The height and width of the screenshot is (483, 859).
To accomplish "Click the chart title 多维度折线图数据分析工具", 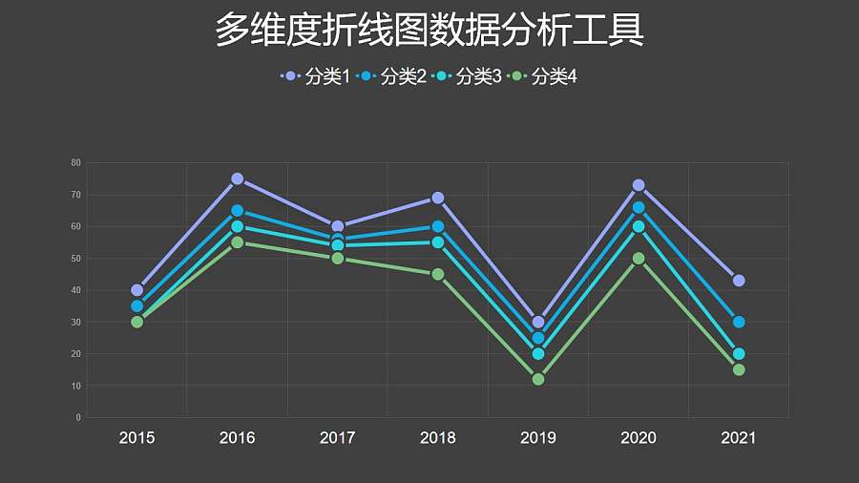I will [x=429, y=31].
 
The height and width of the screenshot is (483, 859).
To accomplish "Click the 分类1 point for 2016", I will [x=237, y=178].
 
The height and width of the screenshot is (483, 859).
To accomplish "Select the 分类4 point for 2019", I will [x=538, y=379].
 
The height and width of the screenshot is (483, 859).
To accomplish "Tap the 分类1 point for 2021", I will [x=739, y=281].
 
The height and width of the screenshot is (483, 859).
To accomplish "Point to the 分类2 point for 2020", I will [x=639, y=207].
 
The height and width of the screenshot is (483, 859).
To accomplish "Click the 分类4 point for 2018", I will [x=438, y=274].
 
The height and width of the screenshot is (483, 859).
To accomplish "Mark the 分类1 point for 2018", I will [x=438, y=198].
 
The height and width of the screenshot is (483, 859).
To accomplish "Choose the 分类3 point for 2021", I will [x=739, y=354].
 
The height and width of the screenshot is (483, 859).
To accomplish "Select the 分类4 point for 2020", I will [x=639, y=259].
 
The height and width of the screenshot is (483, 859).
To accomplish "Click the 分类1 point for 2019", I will [x=538, y=322].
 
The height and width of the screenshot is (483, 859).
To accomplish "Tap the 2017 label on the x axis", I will [x=338, y=438].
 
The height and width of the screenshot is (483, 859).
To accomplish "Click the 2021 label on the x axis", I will [x=739, y=438].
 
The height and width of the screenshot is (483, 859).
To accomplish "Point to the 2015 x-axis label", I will [x=136, y=438].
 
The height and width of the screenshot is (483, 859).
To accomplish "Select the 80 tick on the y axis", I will [x=76, y=162].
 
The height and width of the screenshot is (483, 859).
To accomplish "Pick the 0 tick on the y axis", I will [x=78, y=418].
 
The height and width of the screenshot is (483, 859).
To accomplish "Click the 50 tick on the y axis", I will [x=76, y=259].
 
